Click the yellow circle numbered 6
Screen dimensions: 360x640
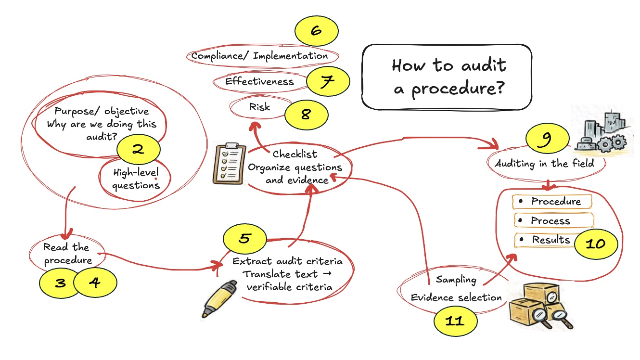[316, 31]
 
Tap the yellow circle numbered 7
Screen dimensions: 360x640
[328, 82]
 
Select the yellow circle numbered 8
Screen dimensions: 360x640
[306, 115]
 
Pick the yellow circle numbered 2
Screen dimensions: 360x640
[138, 149]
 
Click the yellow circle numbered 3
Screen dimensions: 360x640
[61, 283]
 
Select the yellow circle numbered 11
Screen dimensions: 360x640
[455, 321]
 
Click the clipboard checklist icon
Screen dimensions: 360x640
[229, 164]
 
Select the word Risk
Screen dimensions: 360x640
[259, 107]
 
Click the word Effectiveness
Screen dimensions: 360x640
[259, 81]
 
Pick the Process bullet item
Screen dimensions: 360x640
[550, 221]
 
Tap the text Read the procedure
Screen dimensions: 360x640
[67, 254]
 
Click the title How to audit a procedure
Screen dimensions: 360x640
[448, 77]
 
